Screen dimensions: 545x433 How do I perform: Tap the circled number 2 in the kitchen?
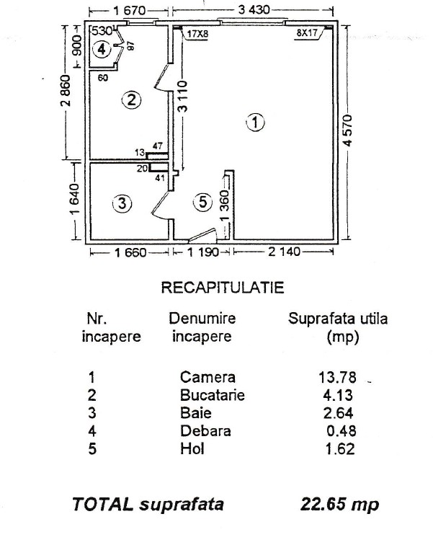coord(130,100)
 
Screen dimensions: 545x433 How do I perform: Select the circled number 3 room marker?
coord(123,204)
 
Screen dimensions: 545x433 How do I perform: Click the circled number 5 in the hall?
coord(203,203)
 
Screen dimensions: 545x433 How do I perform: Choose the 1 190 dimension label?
coord(200,253)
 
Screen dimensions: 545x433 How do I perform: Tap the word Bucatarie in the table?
coord(213,395)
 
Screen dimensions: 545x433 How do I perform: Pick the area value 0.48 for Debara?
coord(341,432)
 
